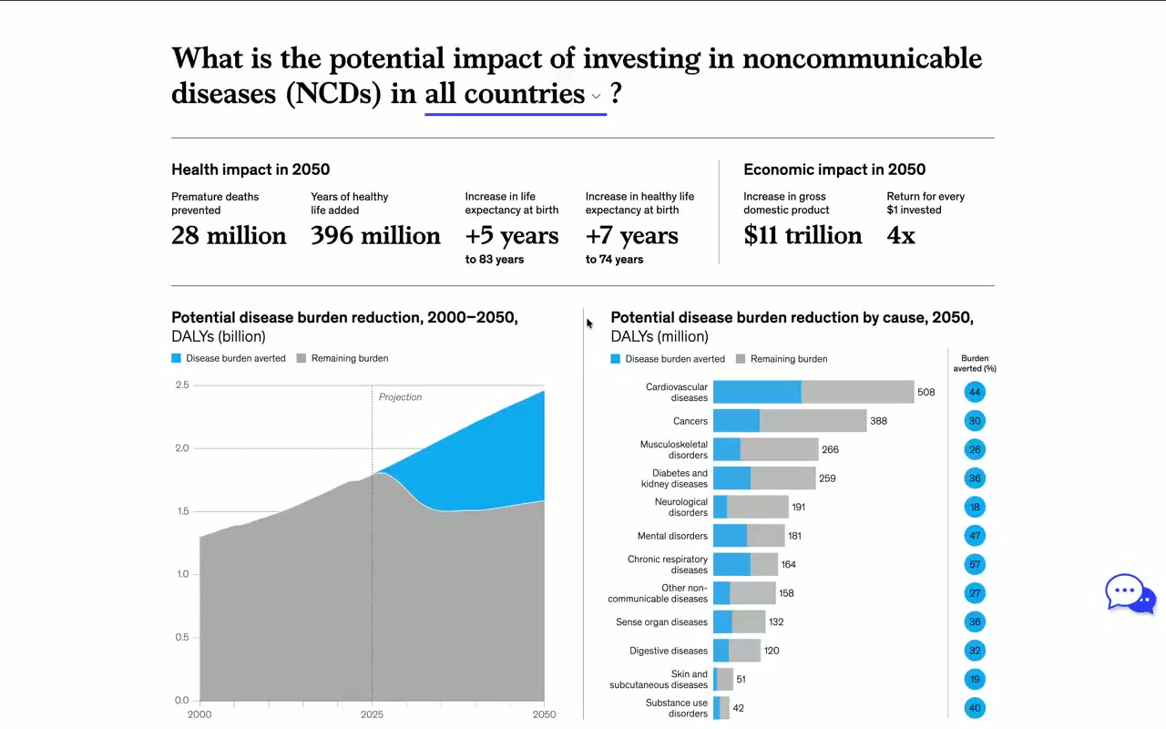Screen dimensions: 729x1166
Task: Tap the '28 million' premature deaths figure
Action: click(229, 236)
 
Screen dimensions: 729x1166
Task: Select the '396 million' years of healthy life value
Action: click(375, 236)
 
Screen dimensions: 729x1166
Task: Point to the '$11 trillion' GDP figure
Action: click(803, 236)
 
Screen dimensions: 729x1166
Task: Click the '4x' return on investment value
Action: click(901, 236)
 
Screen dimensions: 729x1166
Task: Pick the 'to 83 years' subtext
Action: click(494, 260)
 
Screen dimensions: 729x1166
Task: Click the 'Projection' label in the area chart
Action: click(400, 397)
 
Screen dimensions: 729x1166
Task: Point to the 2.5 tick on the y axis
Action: click(182, 385)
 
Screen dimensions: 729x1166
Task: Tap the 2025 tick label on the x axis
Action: click(372, 714)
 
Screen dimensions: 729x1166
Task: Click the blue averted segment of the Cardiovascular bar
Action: click(756, 392)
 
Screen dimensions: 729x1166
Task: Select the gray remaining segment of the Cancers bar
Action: click(813, 421)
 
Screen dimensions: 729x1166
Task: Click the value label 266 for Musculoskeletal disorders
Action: click(830, 449)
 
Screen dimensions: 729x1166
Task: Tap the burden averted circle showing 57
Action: click(975, 565)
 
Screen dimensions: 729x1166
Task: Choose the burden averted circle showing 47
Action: click(975, 536)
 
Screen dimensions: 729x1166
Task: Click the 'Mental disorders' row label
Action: click(672, 536)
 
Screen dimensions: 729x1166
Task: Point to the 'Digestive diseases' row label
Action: click(668, 651)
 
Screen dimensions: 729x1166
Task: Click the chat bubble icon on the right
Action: click(1130, 594)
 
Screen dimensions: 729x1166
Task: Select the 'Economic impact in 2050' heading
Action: click(834, 169)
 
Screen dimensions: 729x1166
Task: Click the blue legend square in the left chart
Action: click(177, 358)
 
